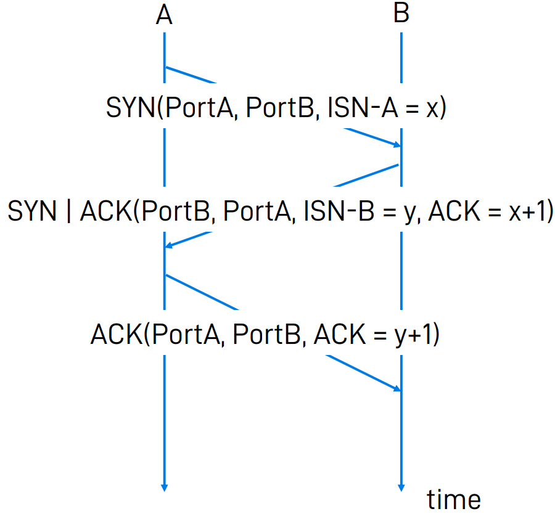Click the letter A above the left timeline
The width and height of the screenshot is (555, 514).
(x=163, y=15)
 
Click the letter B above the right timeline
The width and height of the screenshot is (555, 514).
(x=401, y=14)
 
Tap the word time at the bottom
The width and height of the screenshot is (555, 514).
(x=454, y=499)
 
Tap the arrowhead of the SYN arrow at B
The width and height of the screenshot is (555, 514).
(x=397, y=145)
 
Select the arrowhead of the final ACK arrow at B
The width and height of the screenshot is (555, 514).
(x=397, y=388)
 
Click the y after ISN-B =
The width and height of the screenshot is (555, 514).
(x=408, y=214)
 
